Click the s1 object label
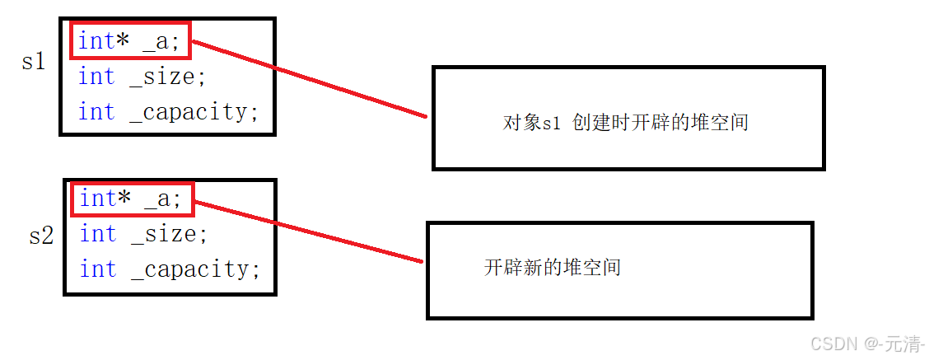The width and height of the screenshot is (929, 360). point(34,61)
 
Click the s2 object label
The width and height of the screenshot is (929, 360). point(41,236)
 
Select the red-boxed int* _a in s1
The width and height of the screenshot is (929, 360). point(131,41)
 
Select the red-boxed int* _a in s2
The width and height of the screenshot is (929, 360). point(133,199)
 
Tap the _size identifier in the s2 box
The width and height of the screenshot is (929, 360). point(169,234)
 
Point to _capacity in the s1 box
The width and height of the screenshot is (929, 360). point(194,111)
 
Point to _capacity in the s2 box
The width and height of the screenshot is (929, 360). point(195,269)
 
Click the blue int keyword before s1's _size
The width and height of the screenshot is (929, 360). point(96,77)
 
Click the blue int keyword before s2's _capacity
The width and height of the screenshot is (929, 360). point(98,269)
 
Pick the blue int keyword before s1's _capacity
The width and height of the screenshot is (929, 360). point(96,111)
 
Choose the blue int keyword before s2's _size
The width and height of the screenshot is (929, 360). point(98,234)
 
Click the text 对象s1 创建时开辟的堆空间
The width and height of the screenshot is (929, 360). point(625,124)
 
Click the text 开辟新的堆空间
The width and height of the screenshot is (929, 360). point(552,267)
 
